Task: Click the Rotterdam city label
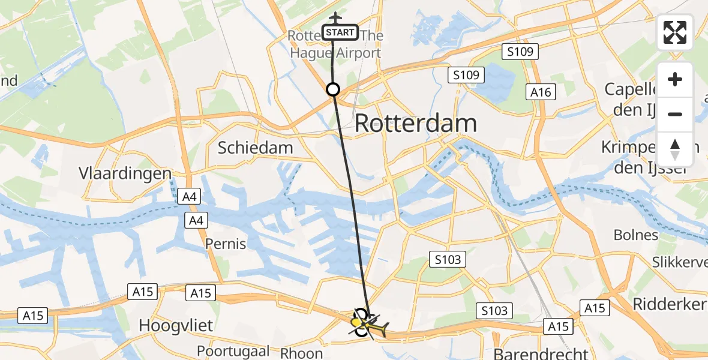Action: click(416, 124)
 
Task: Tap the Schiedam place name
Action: click(255, 148)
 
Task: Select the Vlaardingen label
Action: click(125, 173)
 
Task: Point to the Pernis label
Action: click(226, 244)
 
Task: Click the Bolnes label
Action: click(635, 235)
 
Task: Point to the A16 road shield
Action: click(541, 92)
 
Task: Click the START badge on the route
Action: click(340, 32)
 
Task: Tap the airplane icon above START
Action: click(335, 16)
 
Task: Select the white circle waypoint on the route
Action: click(332, 90)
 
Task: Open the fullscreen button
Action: click(675, 32)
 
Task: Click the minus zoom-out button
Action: click(675, 114)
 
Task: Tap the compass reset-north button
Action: click(675, 149)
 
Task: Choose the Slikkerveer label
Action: click(681, 260)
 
